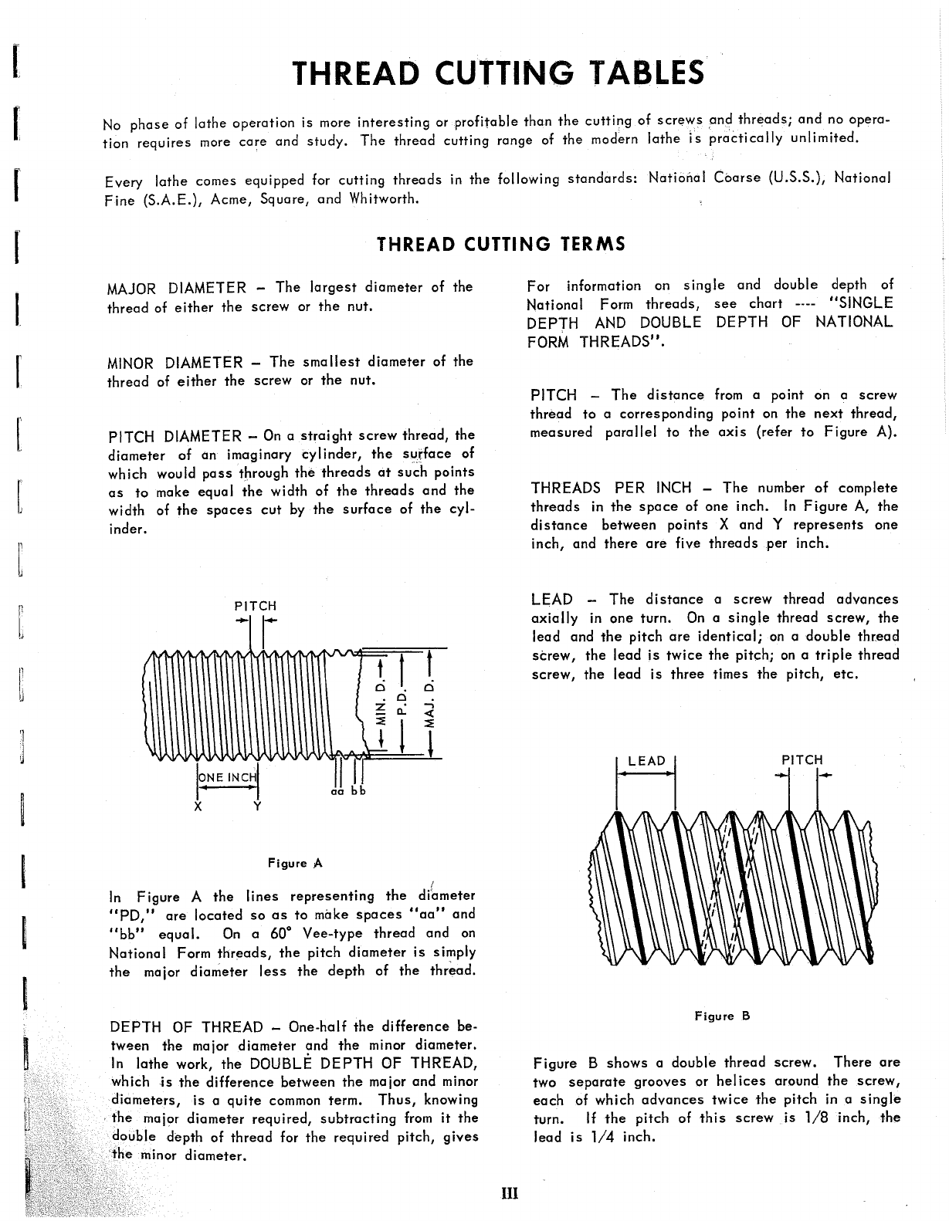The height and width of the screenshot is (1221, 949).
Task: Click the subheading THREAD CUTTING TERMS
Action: (500, 245)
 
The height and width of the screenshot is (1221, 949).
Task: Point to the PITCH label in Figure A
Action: (255, 607)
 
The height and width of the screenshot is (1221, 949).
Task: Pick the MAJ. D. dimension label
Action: (432, 704)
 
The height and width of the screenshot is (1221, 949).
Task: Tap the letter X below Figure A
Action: (198, 807)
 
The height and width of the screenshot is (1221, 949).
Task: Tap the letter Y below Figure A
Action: (257, 807)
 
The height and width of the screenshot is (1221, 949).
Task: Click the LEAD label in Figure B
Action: (646, 761)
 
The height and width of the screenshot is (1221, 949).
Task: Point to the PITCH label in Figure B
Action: (802, 759)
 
